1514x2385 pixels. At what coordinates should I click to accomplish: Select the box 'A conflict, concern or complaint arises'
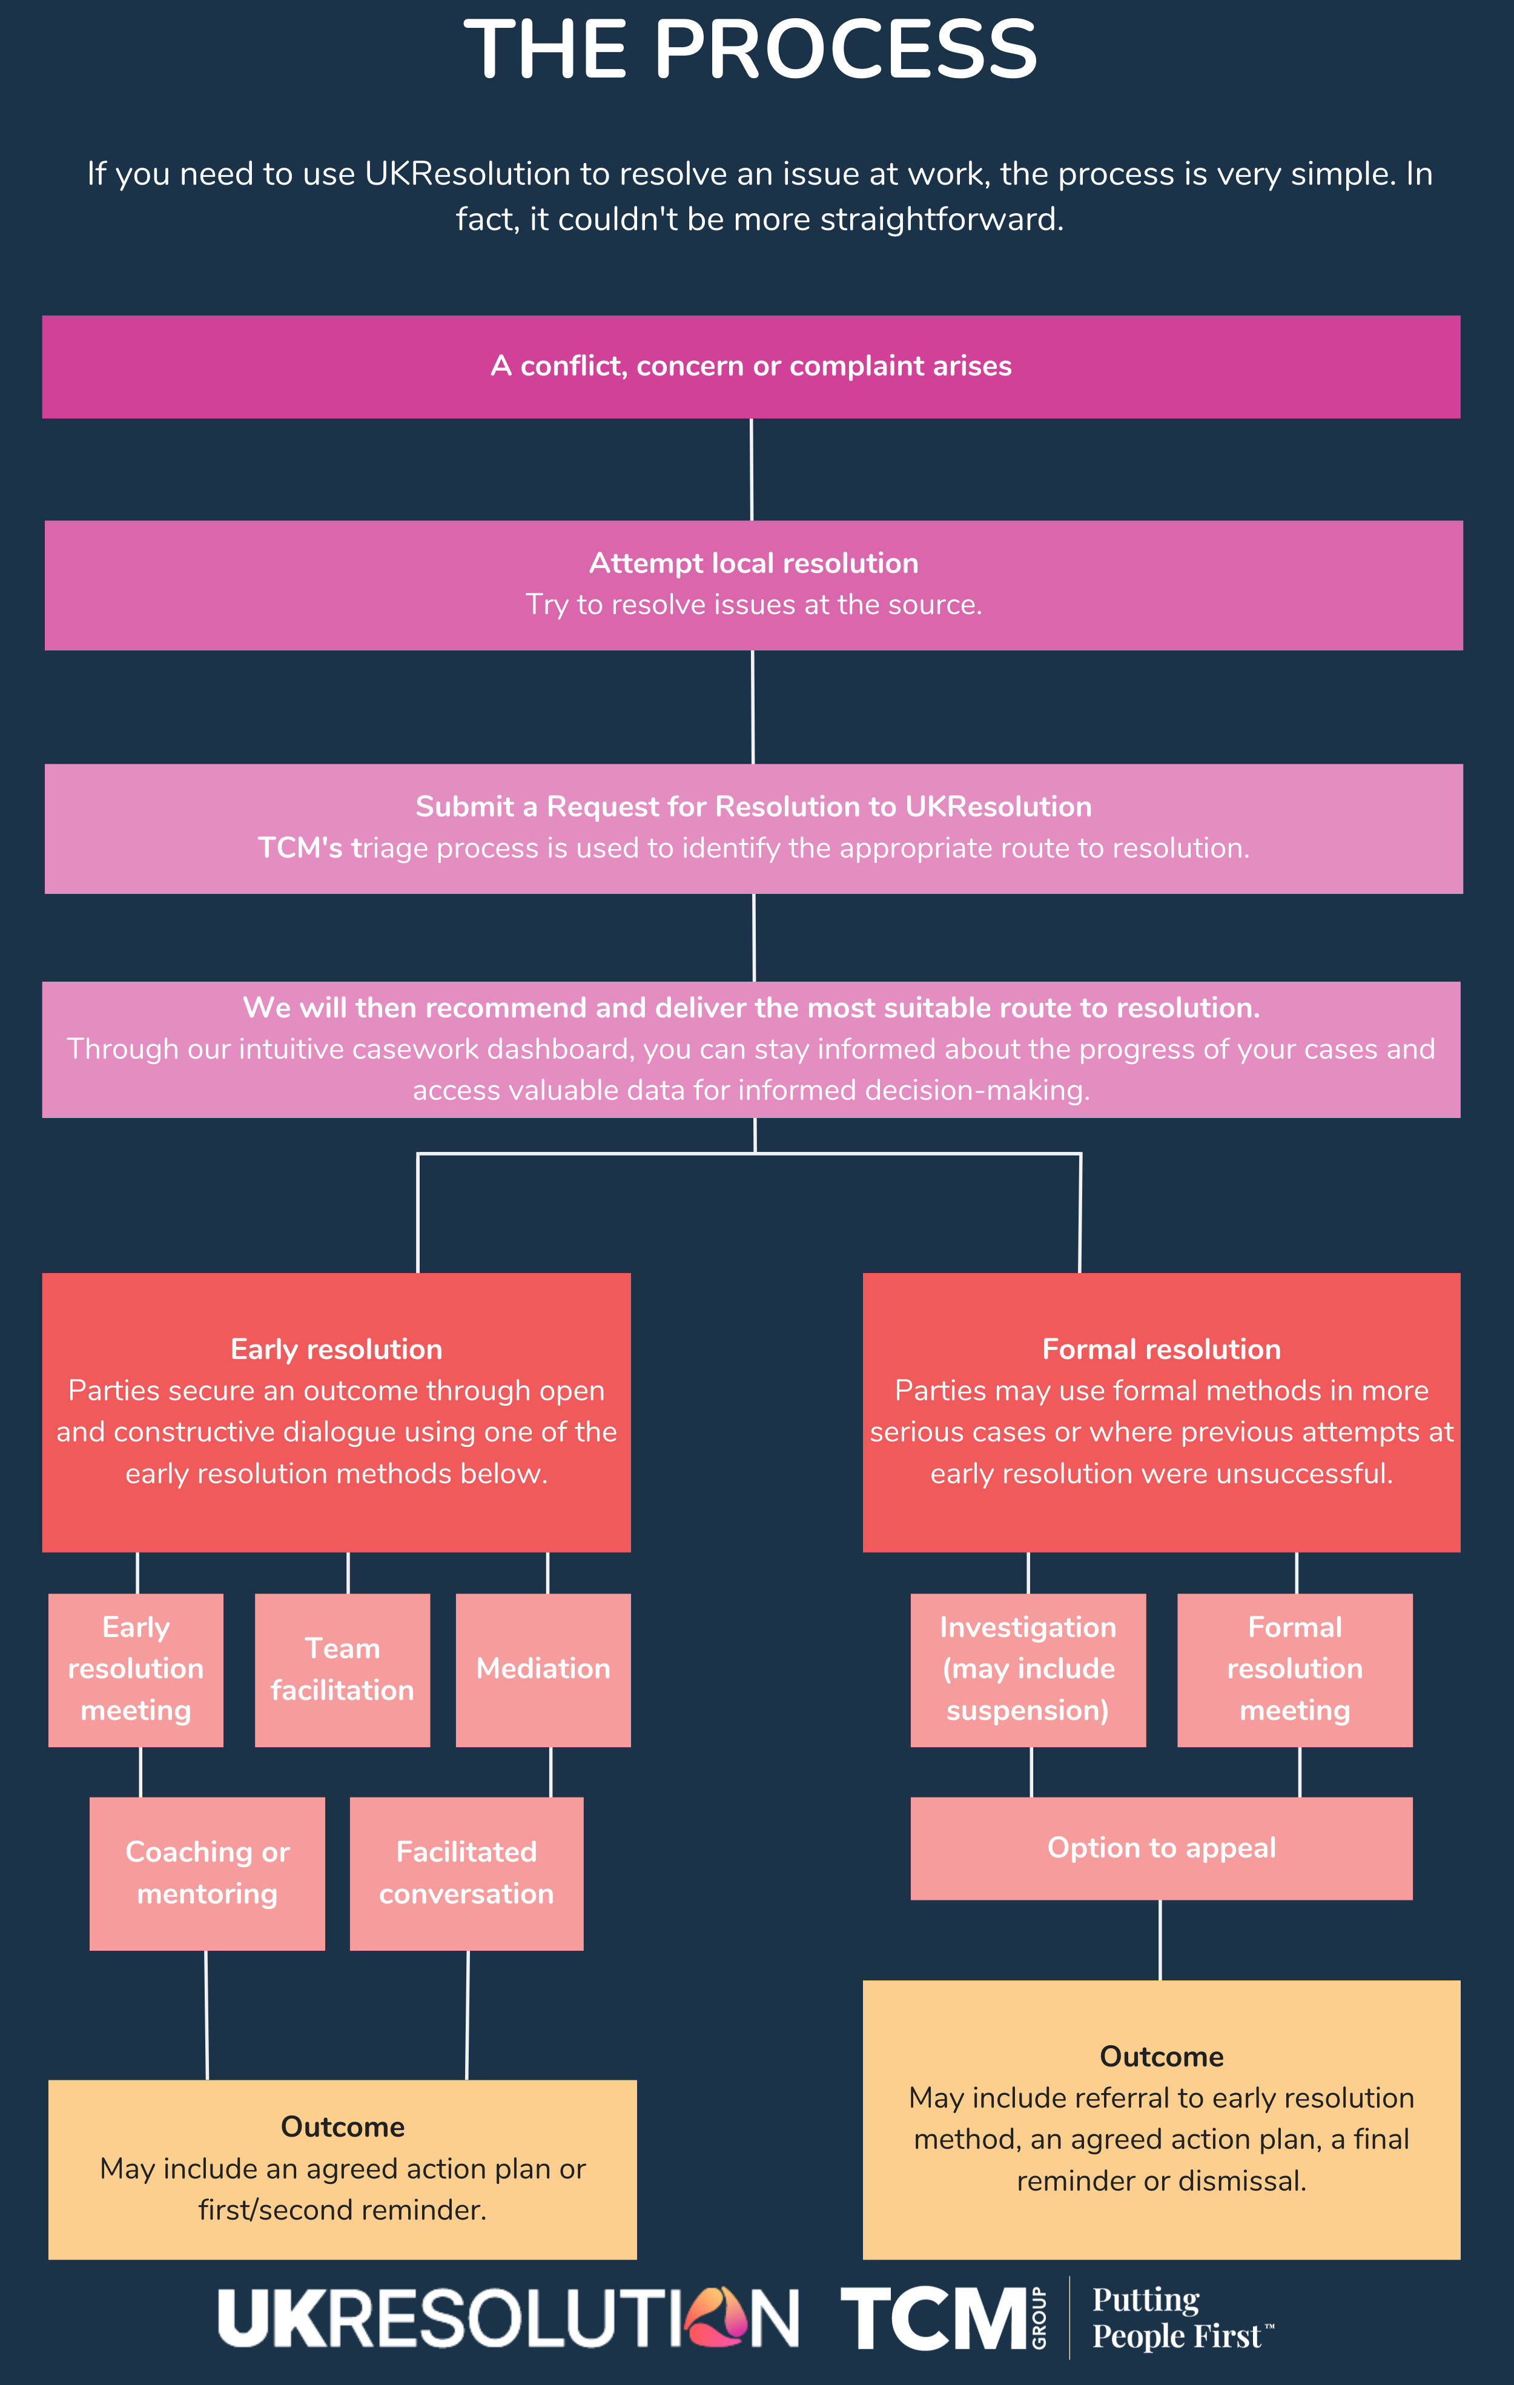pyautogui.click(x=750, y=366)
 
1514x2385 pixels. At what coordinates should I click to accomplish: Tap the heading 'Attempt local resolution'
pyautogui.click(x=753, y=563)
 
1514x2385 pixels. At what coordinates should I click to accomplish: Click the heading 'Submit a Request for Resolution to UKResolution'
pyautogui.click(x=753, y=806)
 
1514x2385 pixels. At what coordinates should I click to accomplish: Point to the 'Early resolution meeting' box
pyautogui.click(x=136, y=1669)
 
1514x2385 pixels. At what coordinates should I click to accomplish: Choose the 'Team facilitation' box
pyautogui.click(x=343, y=1669)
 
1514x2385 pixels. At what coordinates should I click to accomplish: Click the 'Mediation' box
pyautogui.click(x=543, y=1669)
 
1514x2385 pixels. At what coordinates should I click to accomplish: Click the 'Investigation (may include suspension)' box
pyautogui.click(x=1028, y=1669)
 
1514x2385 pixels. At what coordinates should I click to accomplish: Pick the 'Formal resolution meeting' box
pyautogui.click(x=1294, y=1669)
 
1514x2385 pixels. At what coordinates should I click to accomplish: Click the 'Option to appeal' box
pyautogui.click(x=1162, y=1848)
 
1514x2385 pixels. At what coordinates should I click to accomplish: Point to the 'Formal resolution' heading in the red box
pyautogui.click(x=1162, y=1349)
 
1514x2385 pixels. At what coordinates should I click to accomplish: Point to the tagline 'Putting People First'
pyautogui.click(x=1178, y=2318)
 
